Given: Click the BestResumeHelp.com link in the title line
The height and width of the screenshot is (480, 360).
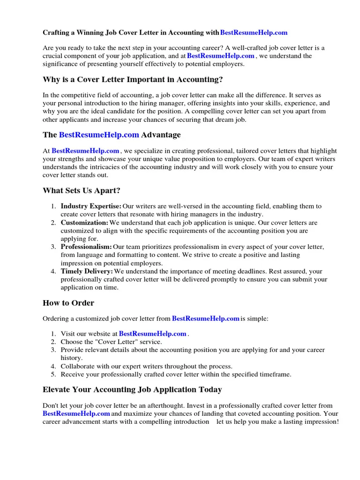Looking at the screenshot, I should (x=254, y=33).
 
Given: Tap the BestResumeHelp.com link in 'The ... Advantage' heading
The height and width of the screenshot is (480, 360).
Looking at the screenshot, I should (x=99, y=135).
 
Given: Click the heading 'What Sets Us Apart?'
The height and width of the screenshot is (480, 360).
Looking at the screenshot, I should (x=81, y=191).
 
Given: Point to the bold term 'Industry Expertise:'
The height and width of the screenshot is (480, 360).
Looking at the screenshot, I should (x=91, y=206).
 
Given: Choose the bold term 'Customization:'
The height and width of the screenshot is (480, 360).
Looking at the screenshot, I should (x=84, y=223).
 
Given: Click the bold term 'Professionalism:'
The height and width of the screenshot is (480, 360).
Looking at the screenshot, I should (x=86, y=247).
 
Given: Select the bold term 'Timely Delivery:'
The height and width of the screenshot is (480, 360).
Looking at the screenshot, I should (x=87, y=271).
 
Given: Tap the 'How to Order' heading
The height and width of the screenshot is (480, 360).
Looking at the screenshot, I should (x=68, y=303).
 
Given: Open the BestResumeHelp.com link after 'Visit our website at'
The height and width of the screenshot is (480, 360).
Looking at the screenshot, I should (x=153, y=334).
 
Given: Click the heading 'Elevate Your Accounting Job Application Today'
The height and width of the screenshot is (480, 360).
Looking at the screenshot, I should (x=132, y=390).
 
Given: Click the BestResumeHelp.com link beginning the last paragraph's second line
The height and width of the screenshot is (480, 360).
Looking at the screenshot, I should (x=76, y=414).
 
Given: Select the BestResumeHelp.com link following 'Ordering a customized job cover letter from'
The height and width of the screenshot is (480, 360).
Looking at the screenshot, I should (x=206, y=319).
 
